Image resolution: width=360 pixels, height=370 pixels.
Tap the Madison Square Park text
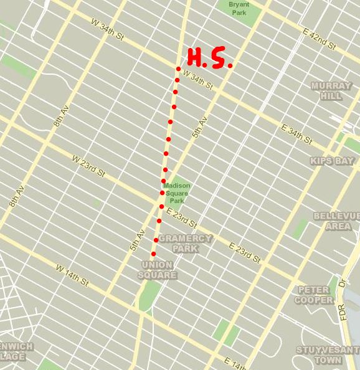(174, 193)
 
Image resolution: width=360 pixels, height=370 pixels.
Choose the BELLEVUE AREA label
(337, 221)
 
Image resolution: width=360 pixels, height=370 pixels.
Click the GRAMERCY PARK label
(185, 244)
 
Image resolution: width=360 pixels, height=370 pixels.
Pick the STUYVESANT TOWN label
(327, 354)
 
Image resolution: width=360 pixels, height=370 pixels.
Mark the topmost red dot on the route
(178, 69)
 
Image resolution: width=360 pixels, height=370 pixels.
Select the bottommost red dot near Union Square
(153, 254)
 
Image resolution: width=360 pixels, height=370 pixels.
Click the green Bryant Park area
(244, 16)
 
